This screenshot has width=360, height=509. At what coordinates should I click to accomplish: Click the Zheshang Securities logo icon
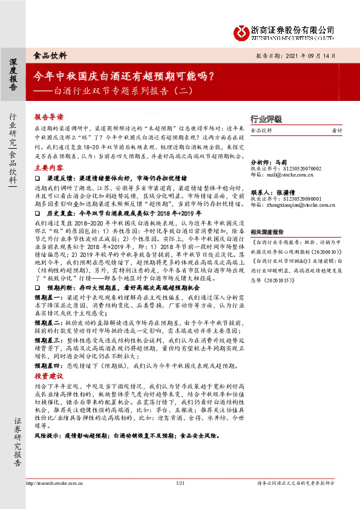click(242, 30)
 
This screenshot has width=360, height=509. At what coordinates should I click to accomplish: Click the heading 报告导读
click(48, 117)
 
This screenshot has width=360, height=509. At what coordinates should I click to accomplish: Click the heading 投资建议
click(48, 375)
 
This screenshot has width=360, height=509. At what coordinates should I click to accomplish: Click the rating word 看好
click(337, 130)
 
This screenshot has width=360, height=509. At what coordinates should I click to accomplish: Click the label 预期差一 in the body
click(46, 297)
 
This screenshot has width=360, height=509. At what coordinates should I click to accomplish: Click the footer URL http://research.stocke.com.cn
click(56, 484)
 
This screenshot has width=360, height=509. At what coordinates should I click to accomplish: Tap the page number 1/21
click(179, 484)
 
